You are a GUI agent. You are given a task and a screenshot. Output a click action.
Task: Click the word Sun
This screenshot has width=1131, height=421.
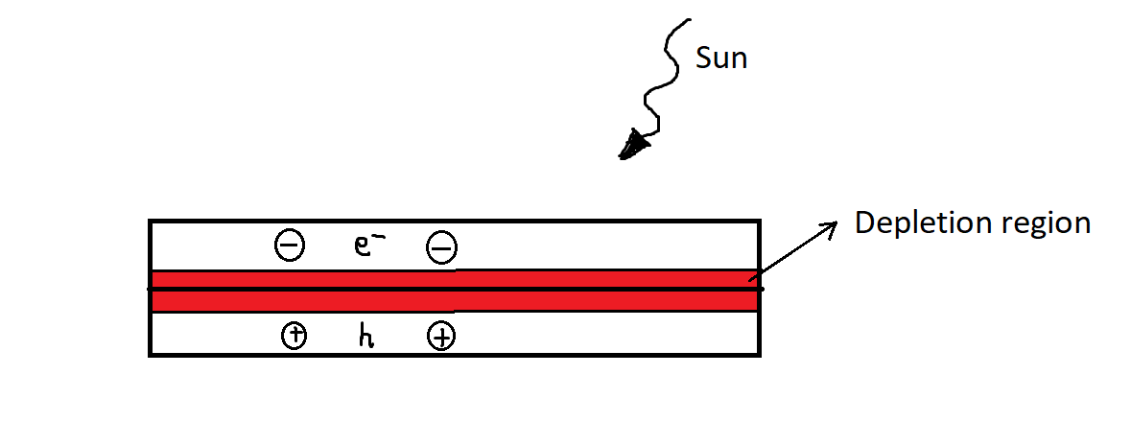(720, 58)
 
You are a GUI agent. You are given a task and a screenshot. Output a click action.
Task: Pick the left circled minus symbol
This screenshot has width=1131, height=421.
(290, 246)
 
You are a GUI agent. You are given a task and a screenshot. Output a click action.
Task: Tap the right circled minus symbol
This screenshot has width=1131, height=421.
(440, 248)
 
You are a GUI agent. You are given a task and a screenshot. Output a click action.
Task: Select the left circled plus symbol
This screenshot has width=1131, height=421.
(295, 336)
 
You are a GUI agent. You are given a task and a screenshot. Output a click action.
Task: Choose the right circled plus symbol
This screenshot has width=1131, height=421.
(440, 337)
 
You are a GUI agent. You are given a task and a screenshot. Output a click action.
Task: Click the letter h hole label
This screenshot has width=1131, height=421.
(366, 337)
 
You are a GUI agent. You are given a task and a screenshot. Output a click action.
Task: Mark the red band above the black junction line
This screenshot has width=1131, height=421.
(455, 279)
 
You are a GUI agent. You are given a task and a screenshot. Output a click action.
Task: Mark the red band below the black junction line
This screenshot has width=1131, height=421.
(455, 300)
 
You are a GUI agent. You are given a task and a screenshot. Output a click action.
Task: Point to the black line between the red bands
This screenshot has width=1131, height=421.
(455, 289)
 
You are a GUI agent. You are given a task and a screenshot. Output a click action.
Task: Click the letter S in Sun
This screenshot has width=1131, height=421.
(703, 58)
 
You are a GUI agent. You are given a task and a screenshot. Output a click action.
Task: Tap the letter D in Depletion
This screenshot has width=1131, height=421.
(864, 222)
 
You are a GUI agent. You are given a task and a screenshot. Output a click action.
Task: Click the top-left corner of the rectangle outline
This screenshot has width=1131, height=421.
(150, 220)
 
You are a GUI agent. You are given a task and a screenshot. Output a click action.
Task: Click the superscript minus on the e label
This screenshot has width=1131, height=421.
(372, 237)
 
